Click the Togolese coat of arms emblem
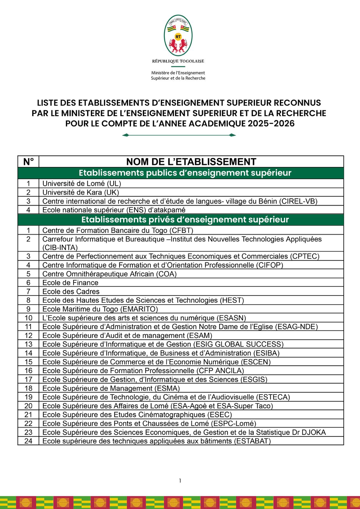pyautogui.click(x=178, y=36)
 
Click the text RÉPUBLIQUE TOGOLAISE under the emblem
pyautogui.click(x=178, y=61)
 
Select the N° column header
pyautogui.click(x=28, y=162)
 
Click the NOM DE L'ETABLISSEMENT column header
pyautogui.click(x=191, y=162)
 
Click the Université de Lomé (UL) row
pyautogui.click(x=82, y=184)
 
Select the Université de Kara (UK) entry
pyautogui.click(x=81, y=192)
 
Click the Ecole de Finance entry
pyautogui.click(x=70, y=283)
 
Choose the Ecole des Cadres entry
pyautogui.click(x=71, y=291)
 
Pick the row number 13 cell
pyautogui.click(x=28, y=344)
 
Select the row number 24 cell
pyautogui.click(x=28, y=441)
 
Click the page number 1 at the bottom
pyautogui.click(x=180, y=481)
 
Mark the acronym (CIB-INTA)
pyautogui.click(x=60, y=248)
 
